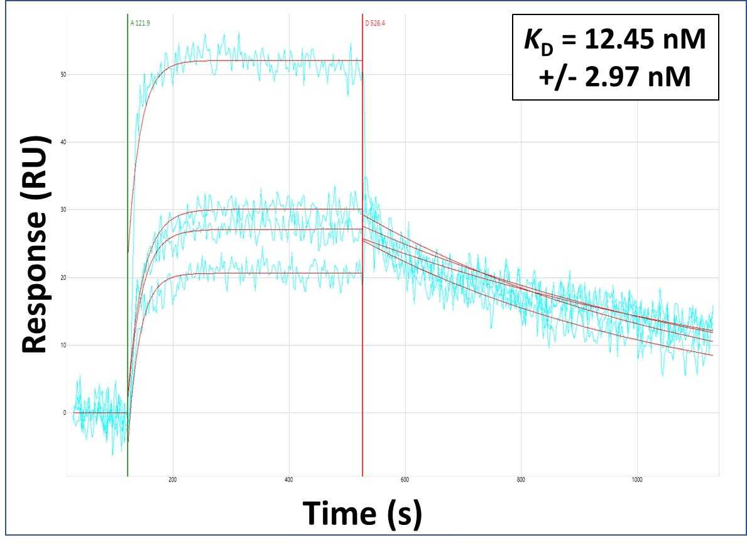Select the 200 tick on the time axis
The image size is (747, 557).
173,480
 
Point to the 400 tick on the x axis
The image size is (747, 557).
289,480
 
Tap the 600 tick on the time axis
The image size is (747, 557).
405,480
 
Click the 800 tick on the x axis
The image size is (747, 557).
521,480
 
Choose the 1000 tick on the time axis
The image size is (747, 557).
636,480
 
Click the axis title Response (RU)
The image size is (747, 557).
36,245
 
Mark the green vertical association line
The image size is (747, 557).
128,251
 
